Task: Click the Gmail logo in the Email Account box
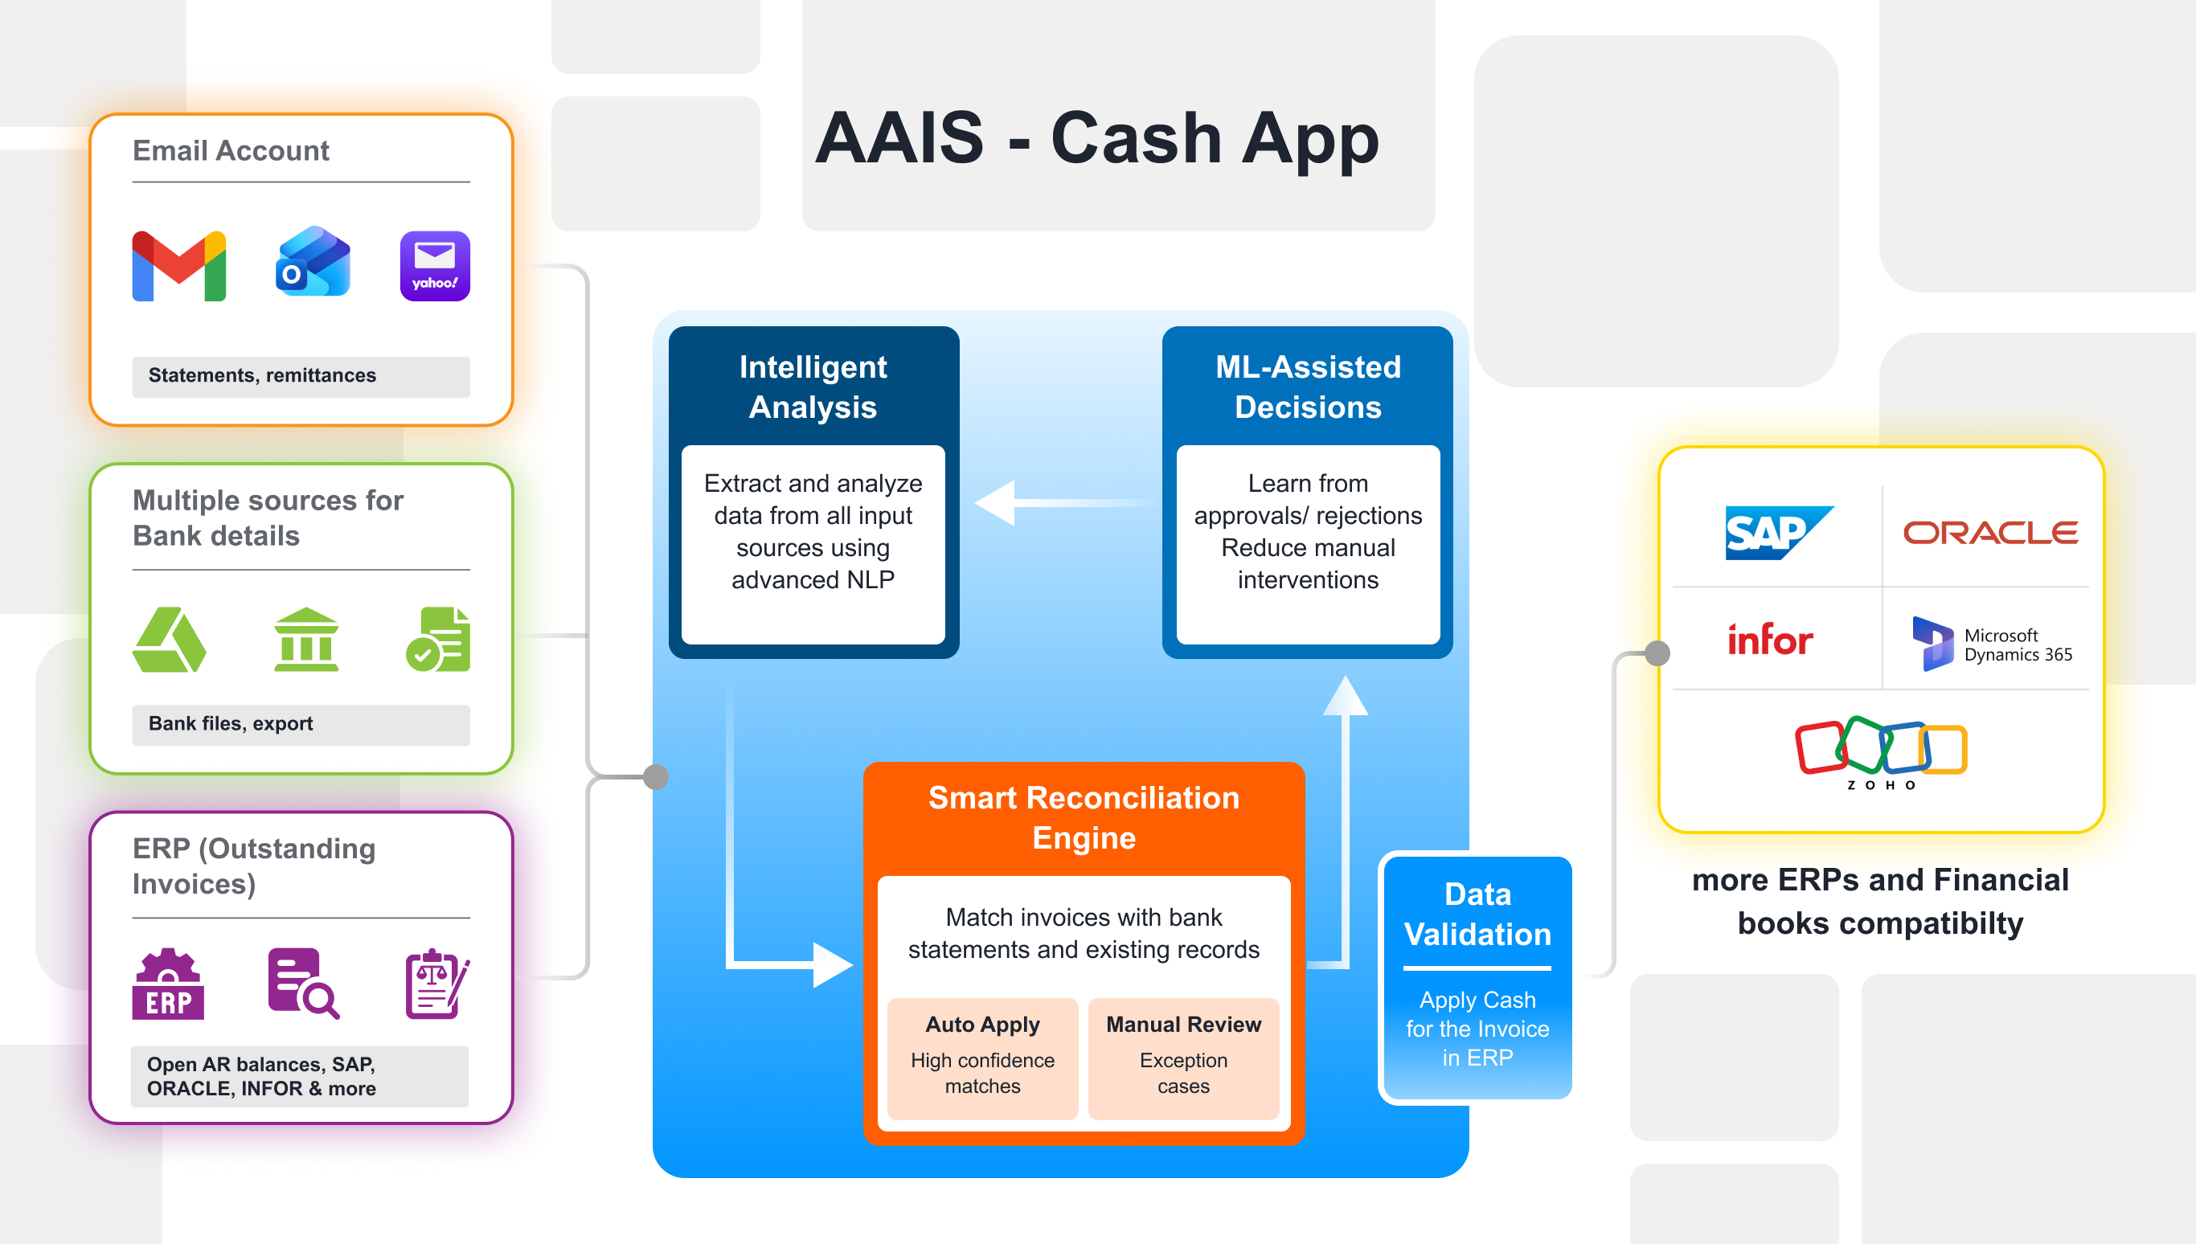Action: point(178,266)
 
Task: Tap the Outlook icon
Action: point(313,262)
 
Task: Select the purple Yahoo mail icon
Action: point(435,266)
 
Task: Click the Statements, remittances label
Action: point(262,376)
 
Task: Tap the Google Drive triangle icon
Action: point(169,640)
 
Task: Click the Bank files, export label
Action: point(231,724)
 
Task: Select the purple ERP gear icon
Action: point(168,984)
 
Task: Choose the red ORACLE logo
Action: point(1990,533)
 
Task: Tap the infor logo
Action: point(1770,640)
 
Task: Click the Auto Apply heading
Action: point(982,1025)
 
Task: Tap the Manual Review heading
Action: point(1183,1025)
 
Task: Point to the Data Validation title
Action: point(1477,915)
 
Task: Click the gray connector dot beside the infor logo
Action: point(1657,653)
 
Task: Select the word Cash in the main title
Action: point(1136,138)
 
